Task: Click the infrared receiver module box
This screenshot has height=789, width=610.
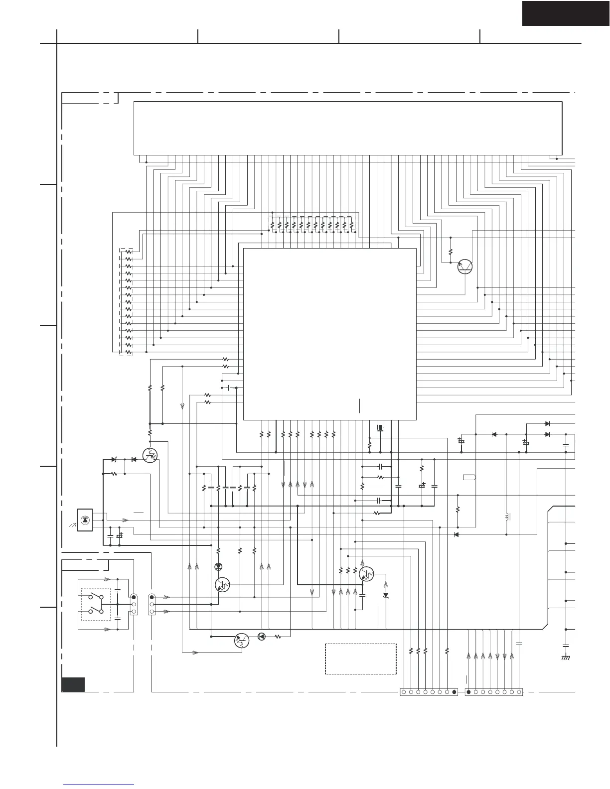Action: pos(84,520)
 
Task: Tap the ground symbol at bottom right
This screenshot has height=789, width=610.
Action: pos(566,657)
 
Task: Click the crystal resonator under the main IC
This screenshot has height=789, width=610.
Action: pos(380,427)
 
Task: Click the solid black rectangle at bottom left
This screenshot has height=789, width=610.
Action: pos(73,684)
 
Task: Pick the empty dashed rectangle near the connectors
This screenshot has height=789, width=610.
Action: pos(360,658)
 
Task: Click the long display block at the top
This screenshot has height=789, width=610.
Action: pos(348,128)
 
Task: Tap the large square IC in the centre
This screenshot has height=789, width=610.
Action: pos(329,334)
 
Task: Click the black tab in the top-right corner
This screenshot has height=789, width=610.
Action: pos(566,13)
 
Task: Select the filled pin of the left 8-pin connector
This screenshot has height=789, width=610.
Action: pos(454,692)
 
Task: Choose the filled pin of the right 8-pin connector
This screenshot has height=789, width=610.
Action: pos(468,692)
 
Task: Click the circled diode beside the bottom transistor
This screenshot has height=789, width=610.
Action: pos(261,636)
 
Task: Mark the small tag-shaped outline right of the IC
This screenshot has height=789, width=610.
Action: pos(469,477)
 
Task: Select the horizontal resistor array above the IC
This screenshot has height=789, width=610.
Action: pos(311,225)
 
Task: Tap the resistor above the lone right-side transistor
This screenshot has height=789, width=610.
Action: pos(450,252)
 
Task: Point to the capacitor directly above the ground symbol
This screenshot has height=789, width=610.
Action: pos(566,646)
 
